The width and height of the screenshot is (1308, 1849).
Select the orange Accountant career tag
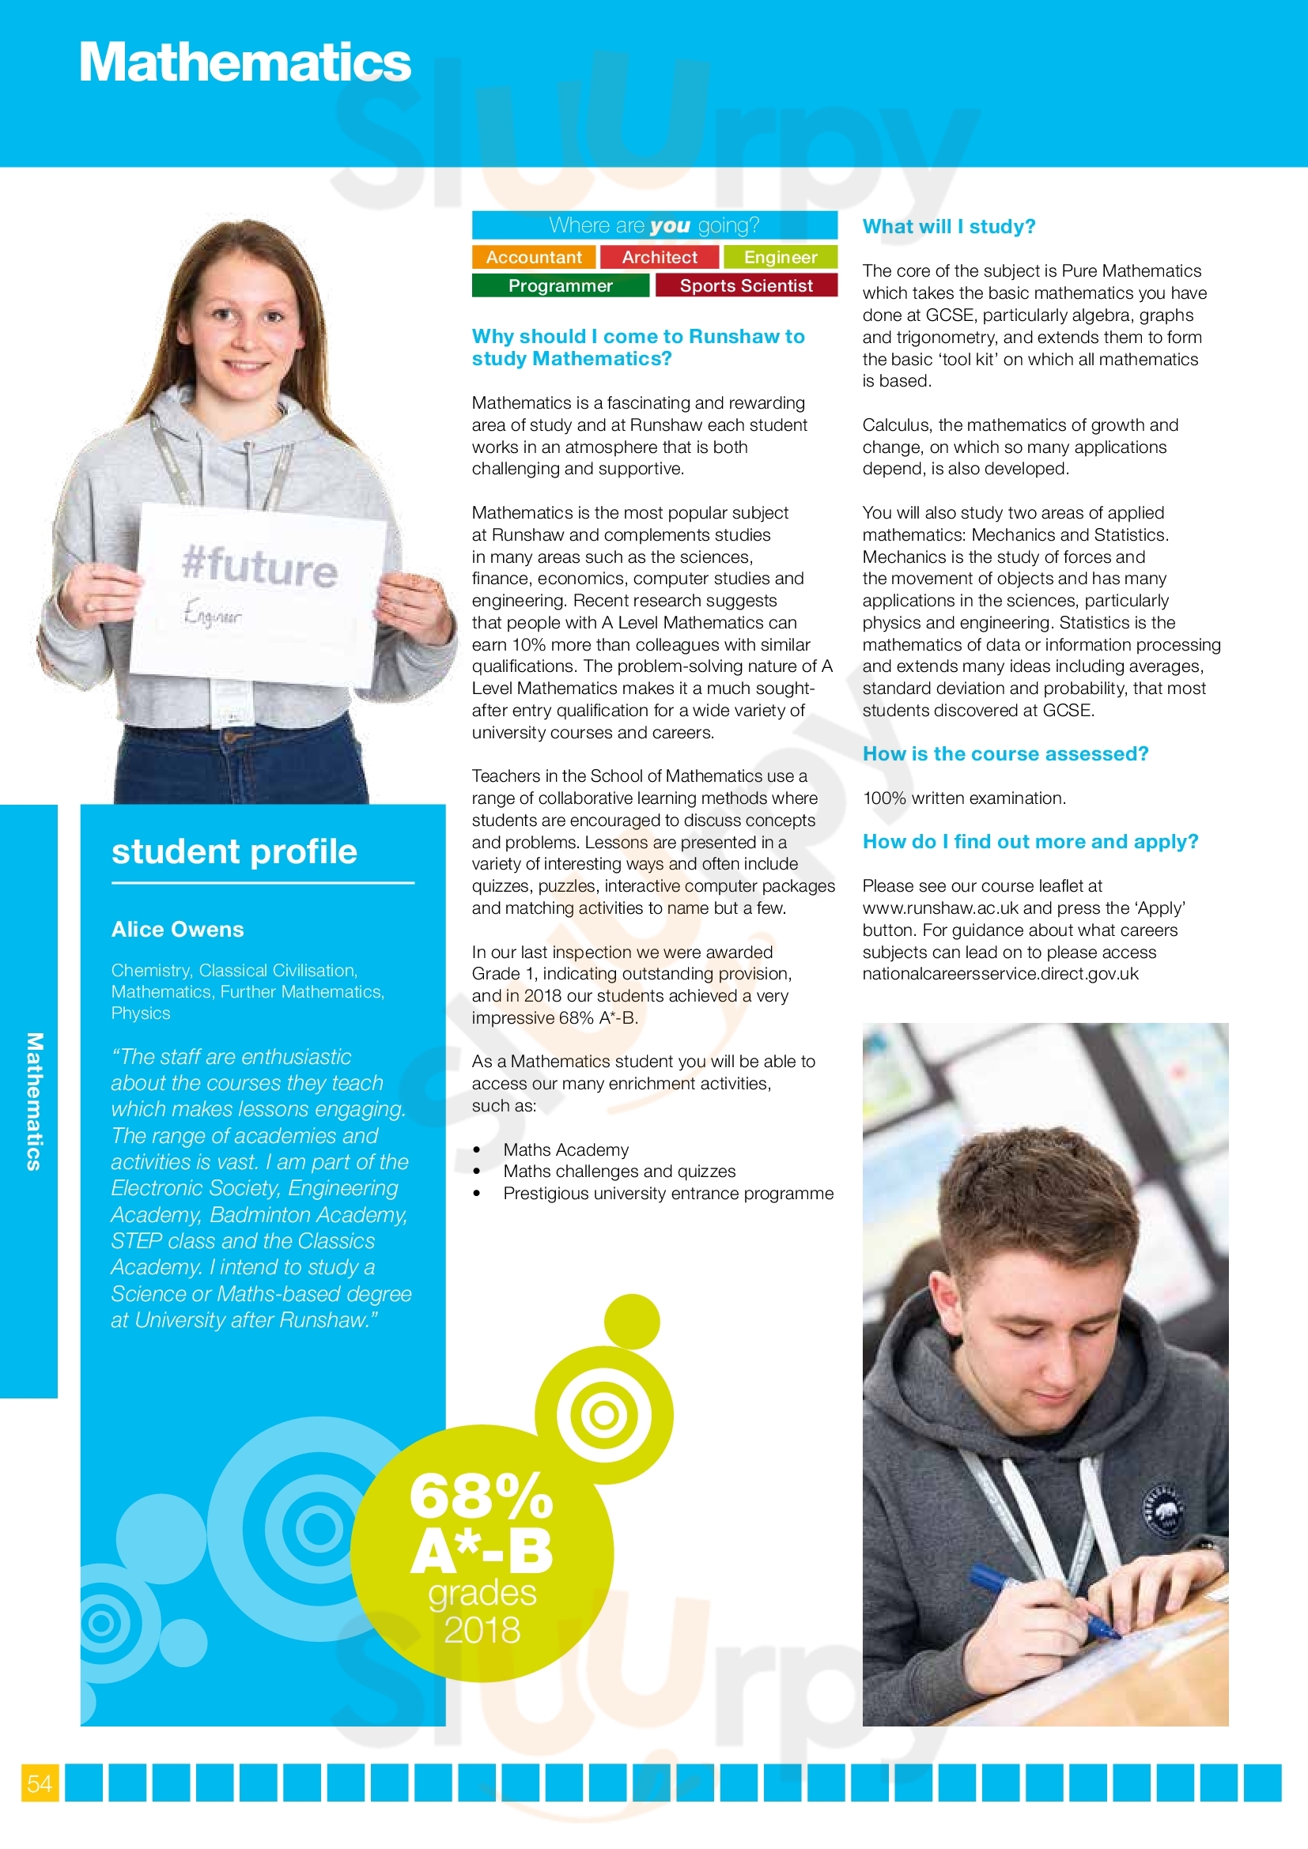pos(533,257)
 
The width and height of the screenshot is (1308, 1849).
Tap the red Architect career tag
pos(660,257)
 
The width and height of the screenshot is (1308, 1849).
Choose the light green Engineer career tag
pos(780,257)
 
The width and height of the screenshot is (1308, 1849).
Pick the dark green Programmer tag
pos(560,286)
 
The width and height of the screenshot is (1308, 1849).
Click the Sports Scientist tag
pos(746,286)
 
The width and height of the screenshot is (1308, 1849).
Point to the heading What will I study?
pos(948,227)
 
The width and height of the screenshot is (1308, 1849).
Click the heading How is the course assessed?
pos(1005,754)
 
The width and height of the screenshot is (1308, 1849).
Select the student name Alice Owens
pos(177,930)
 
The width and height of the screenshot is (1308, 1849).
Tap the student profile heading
pos(233,852)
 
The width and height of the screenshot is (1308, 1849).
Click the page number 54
pos(40,1783)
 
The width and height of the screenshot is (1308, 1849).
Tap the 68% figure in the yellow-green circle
pos(481,1496)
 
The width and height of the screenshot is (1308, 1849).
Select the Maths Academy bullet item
pos(565,1150)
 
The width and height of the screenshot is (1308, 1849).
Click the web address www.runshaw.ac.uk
pos(940,908)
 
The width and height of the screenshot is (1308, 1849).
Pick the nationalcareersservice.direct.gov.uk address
pos(1000,974)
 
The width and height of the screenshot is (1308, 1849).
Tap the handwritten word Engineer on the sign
pos(212,613)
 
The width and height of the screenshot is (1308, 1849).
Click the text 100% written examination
pos(963,798)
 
